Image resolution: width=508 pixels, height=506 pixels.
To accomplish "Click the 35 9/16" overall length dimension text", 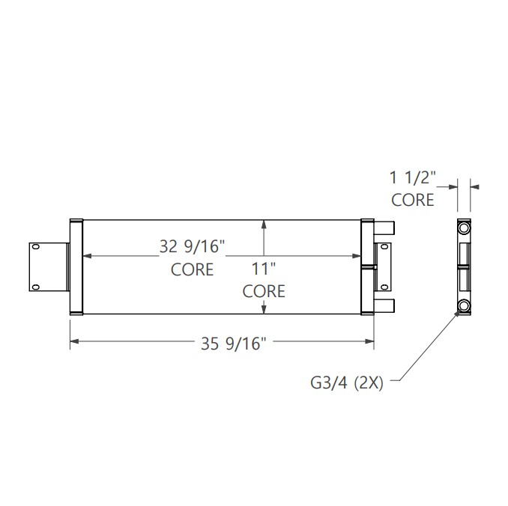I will coord(232,344).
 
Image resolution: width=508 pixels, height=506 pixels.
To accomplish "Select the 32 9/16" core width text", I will coord(192,246).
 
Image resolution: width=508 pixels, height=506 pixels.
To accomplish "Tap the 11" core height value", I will coord(264,268).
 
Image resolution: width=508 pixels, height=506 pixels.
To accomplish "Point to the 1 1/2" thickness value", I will coord(412,177).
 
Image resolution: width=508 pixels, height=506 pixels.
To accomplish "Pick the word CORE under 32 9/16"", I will coord(192,269).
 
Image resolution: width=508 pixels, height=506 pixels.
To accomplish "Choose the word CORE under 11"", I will coord(264,291).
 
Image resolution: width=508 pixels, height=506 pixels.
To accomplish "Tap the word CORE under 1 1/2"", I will coord(413,200).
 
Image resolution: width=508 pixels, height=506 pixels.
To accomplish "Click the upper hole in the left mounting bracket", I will coord(34,248).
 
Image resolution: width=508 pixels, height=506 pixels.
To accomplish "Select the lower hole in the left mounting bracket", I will coord(34,285).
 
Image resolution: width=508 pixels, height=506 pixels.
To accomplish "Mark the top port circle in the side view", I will coord(464,227).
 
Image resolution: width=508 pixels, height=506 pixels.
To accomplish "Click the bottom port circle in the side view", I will coord(464,305).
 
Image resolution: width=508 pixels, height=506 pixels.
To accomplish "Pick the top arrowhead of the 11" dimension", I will coord(264,222).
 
